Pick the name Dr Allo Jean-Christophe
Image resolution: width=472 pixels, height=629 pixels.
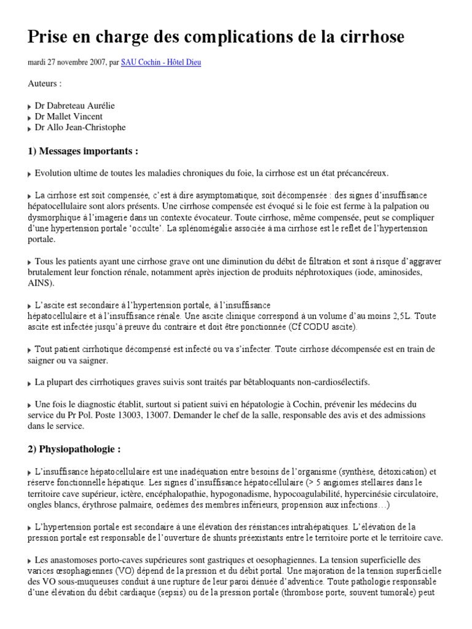pos(80,128)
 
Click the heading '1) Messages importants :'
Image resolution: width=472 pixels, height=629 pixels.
pos(83,151)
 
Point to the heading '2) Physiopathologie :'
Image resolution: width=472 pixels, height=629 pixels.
pos(74,449)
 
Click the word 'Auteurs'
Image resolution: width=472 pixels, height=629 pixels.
pos(43,84)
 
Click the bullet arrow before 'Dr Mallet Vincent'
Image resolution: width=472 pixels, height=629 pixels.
pos(30,117)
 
